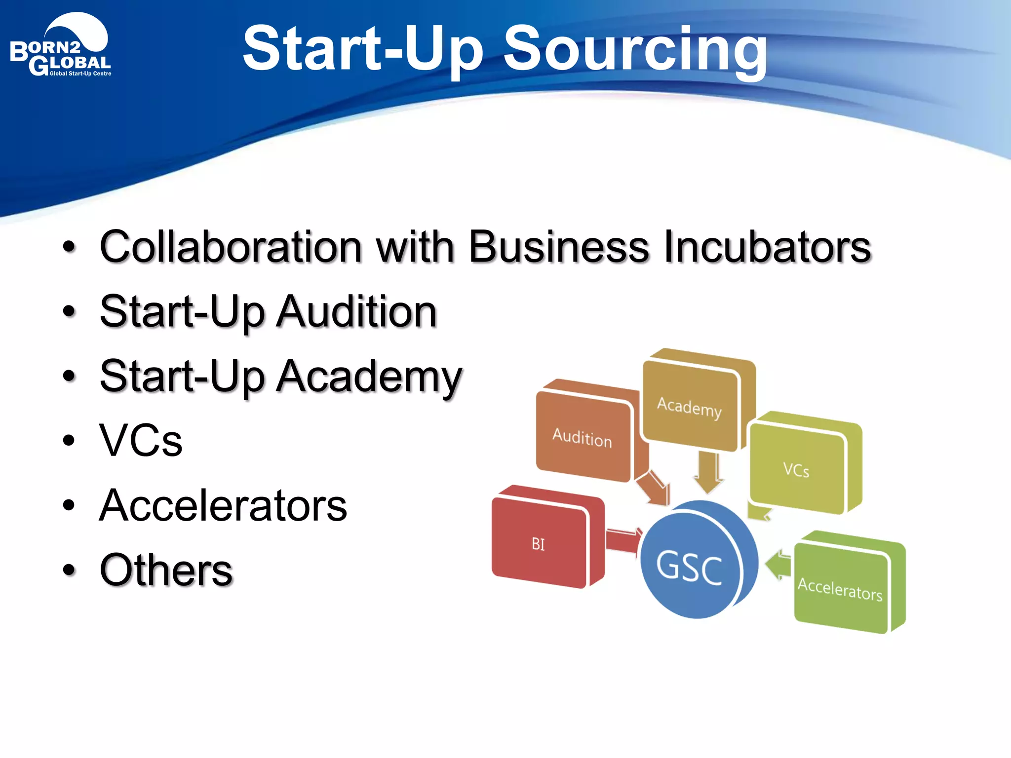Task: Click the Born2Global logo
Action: point(61,47)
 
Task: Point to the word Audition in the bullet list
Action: point(356,312)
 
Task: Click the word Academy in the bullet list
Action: point(369,377)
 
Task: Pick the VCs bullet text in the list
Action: point(141,440)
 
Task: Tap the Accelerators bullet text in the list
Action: point(223,505)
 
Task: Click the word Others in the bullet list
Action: point(166,570)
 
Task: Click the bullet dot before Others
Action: point(69,570)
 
